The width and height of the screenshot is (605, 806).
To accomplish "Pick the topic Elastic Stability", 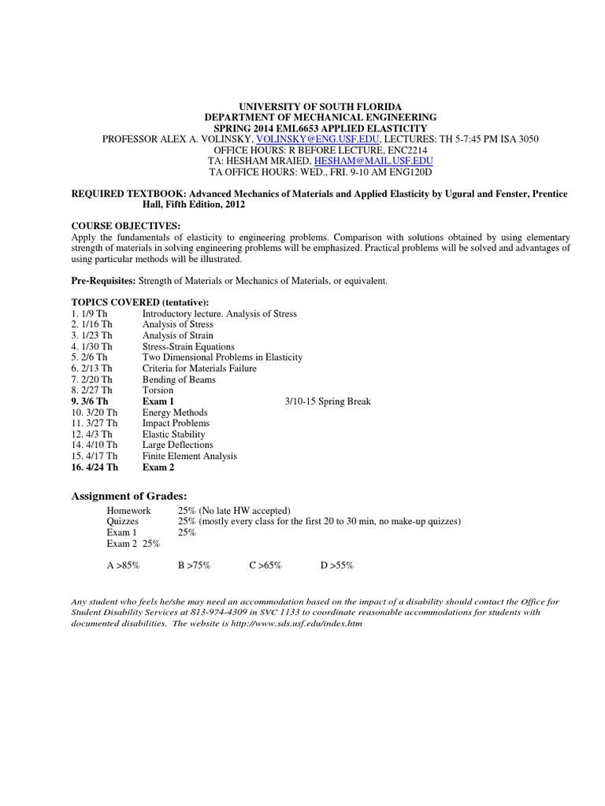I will [173, 434].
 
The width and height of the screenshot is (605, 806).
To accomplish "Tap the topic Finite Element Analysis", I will [189, 456].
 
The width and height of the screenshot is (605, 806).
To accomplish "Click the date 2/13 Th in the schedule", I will [96, 368].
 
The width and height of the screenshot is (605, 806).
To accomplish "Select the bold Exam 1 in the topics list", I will [158, 401].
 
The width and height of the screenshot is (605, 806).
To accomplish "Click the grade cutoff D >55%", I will [337, 566].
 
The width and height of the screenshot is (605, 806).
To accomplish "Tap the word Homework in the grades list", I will [128, 510].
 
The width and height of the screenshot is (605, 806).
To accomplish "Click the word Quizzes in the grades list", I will [124, 521].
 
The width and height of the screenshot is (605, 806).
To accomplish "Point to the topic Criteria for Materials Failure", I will [199, 368].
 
